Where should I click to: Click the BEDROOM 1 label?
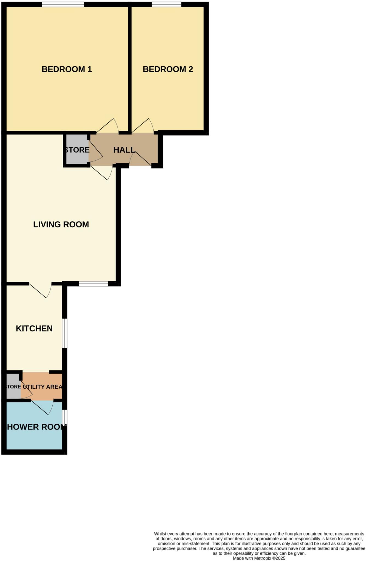67,69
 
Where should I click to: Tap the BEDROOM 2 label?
168,69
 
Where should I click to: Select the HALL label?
124,150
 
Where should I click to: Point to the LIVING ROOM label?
61,225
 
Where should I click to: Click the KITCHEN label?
34,328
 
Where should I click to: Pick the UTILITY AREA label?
42,387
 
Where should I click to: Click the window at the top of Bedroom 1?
63,4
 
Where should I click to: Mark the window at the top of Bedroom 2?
166,4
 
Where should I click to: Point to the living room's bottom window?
93,284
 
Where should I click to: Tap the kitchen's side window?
64,333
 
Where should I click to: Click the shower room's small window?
64,417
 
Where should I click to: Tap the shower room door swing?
42,407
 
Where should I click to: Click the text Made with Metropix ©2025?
259,558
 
